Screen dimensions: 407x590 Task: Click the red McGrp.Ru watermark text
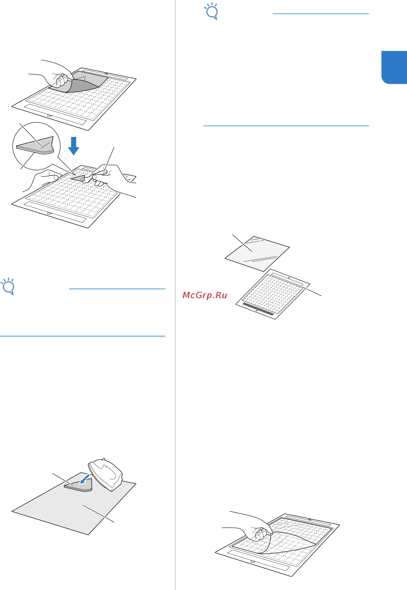click(205, 295)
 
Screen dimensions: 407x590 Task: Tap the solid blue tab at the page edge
click(394, 67)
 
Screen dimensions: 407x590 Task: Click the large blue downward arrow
click(74, 146)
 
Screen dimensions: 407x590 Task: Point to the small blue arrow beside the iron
click(85, 479)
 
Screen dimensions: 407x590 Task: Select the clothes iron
click(105, 475)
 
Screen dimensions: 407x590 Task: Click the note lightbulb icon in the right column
click(211, 11)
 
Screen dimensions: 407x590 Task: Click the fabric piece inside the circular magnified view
click(35, 145)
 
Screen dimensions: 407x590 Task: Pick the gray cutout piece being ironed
click(78, 485)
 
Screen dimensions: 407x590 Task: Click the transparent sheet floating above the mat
click(257, 254)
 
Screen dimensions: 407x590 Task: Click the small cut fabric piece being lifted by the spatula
click(78, 178)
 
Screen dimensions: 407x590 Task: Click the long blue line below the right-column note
click(286, 126)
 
